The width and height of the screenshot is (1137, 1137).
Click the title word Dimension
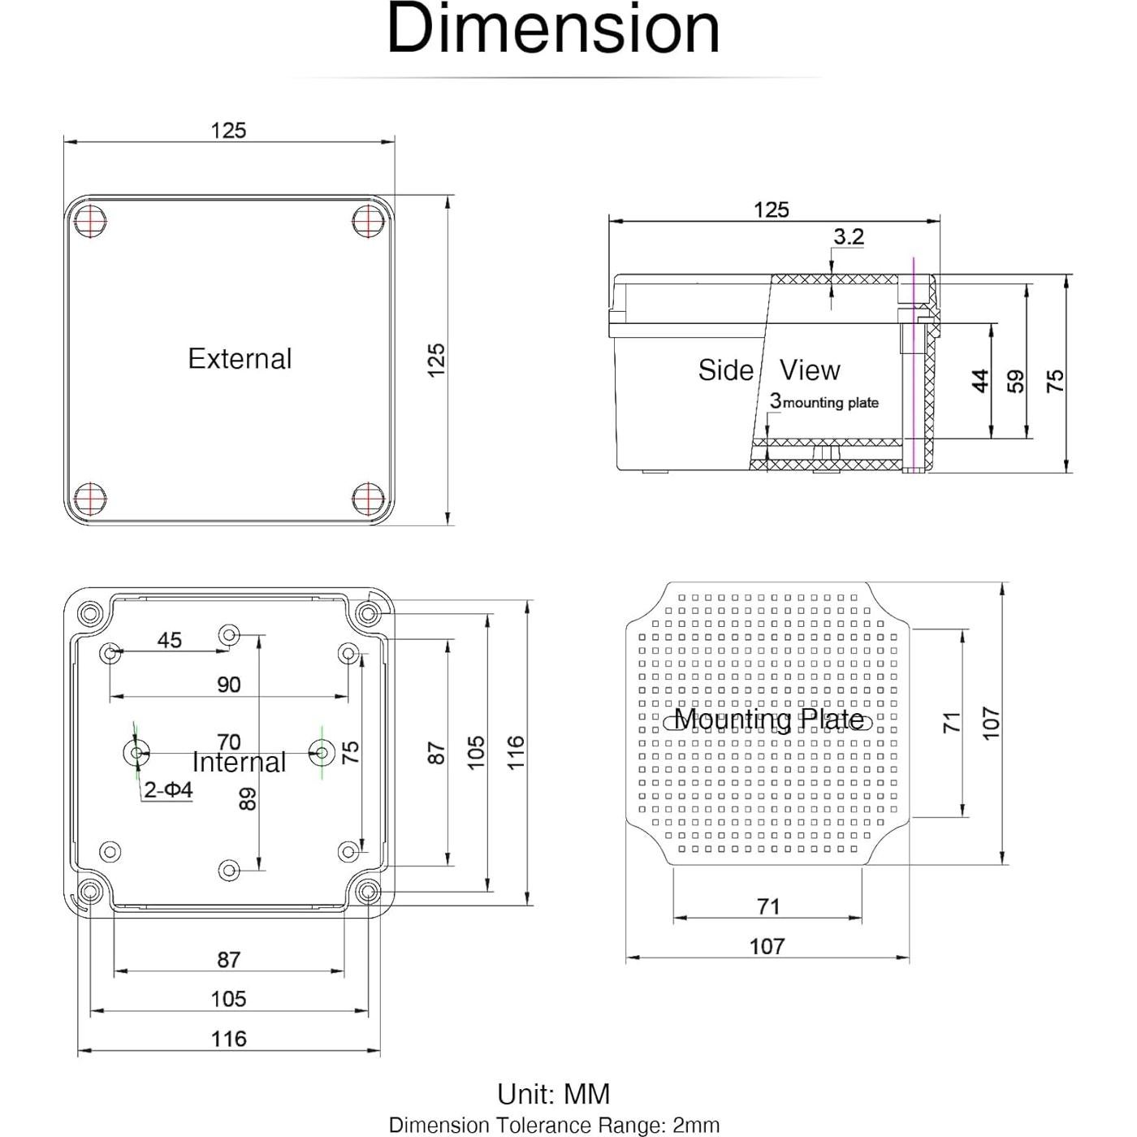[553, 29]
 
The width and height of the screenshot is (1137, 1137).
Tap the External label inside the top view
[240, 359]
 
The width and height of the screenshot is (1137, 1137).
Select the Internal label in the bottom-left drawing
[239, 763]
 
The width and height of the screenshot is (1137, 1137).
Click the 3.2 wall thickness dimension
[848, 236]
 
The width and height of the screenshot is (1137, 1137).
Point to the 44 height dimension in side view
[980, 380]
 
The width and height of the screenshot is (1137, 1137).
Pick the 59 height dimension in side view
[1016, 380]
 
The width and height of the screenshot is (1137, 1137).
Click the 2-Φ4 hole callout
[168, 789]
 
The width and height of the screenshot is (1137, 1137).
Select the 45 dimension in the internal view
[169, 640]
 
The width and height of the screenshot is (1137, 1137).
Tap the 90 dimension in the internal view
[229, 685]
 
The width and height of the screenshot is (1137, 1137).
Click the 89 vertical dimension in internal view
[248, 798]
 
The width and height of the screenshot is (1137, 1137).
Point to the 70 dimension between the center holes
[229, 741]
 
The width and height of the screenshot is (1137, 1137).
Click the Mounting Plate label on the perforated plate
[768, 720]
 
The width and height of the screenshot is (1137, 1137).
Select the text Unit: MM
[553, 1094]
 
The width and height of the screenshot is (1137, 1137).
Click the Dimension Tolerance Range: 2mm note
[554, 1125]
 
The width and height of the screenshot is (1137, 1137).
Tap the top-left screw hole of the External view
[90, 219]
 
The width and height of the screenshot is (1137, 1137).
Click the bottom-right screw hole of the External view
[368, 498]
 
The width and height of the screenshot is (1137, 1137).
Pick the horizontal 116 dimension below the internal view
[228, 1039]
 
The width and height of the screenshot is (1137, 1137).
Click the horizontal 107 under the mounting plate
[767, 946]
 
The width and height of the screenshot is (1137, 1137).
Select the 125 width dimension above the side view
[771, 210]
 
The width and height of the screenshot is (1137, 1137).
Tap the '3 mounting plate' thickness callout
[824, 402]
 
